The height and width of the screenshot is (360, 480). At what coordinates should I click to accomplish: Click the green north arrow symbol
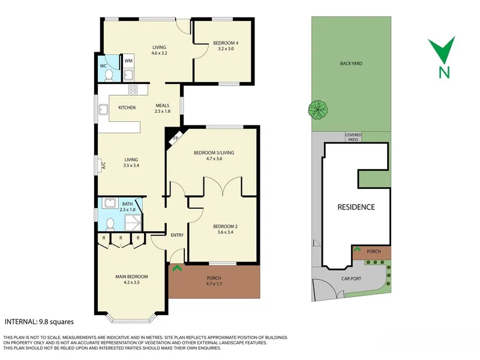(x=442, y=50)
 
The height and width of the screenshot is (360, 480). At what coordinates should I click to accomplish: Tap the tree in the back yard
(x=318, y=110)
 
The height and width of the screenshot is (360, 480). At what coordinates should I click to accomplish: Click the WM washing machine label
(x=128, y=61)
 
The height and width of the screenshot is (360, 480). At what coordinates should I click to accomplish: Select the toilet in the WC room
(x=109, y=76)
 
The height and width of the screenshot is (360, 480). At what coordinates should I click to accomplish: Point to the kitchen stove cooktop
(x=133, y=89)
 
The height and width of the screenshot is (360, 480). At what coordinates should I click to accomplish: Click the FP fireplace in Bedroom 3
(x=175, y=139)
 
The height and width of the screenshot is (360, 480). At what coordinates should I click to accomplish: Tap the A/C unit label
(x=103, y=166)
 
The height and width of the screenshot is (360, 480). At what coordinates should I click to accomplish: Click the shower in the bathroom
(x=133, y=223)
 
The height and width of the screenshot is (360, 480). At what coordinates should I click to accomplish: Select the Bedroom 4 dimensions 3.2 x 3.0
(x=226, y=49)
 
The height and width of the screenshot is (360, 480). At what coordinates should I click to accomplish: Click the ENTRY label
(x=177, y=235)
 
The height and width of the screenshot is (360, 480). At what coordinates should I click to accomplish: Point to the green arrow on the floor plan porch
(x=177, y=268)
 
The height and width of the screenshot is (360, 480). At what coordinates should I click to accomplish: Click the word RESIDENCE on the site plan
(x=356, y=207)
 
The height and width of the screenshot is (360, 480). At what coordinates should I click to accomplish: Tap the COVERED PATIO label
(x=353, y=137)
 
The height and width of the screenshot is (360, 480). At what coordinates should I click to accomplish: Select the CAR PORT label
(x=351, y=279)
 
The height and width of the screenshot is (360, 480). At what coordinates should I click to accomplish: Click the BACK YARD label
(x=351, y=64)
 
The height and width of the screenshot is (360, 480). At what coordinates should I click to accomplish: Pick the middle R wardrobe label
(x=121, y=238)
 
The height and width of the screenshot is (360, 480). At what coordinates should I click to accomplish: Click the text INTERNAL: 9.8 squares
(x=39, y=322)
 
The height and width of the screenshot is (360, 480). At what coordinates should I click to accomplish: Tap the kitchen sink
(x=103, y=110)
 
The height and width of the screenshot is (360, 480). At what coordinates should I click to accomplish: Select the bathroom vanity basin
(x=110, y=203)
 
